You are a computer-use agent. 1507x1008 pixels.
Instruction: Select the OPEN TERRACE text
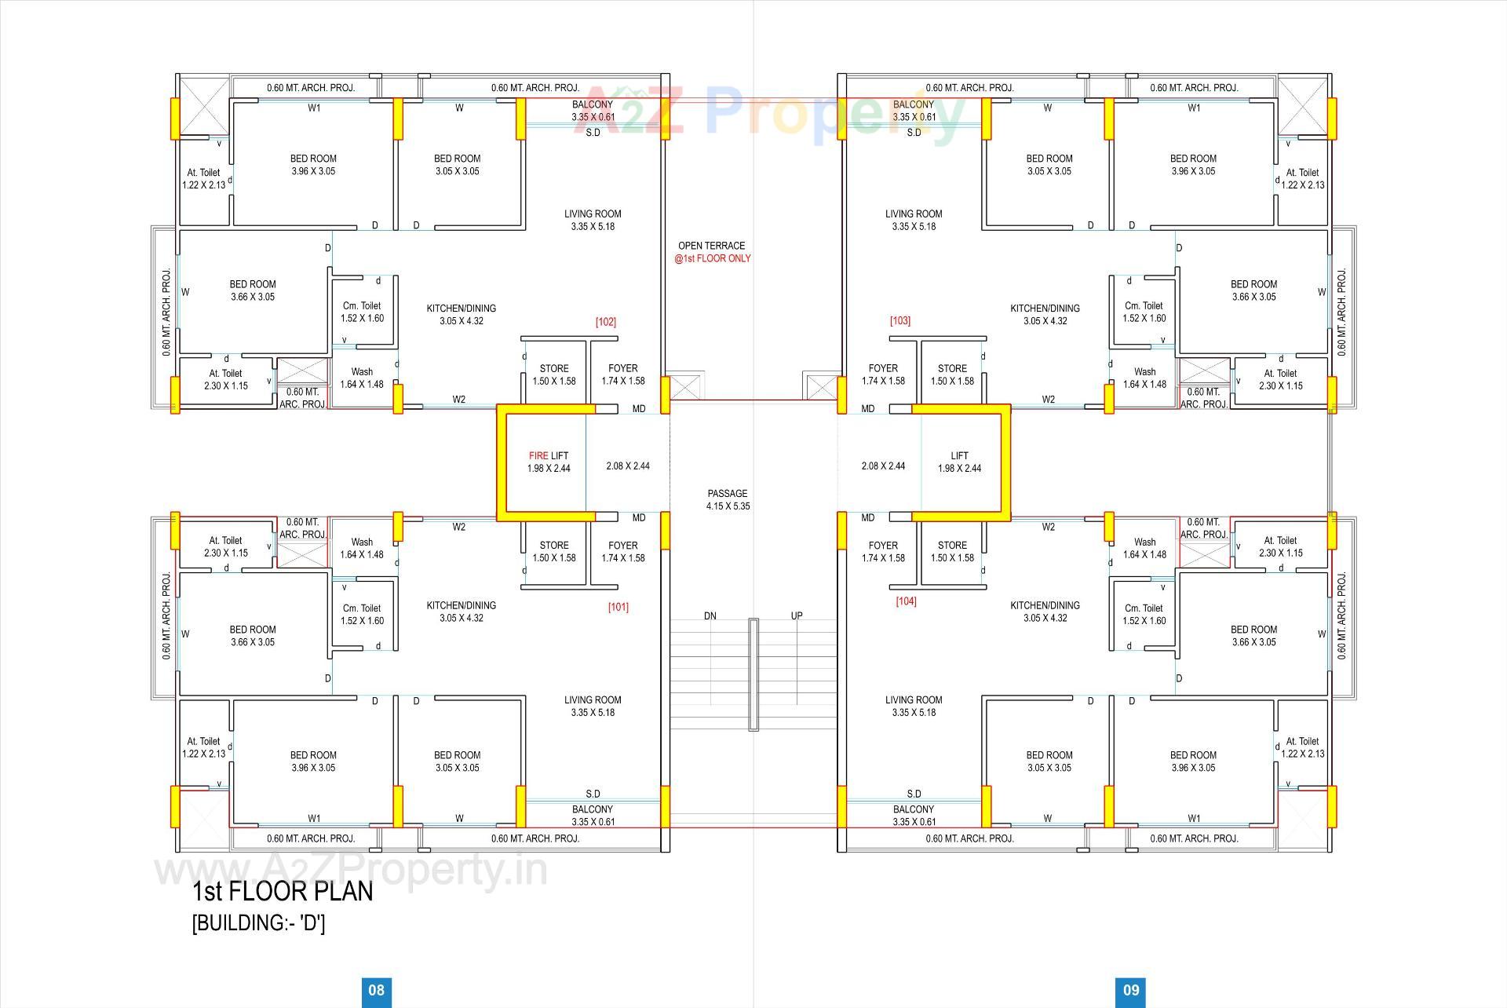click(x=711, y=246)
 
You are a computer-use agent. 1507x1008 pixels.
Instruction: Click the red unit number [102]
click(x=606, y=322)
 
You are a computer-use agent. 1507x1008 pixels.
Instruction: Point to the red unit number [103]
click(x=900, y=321)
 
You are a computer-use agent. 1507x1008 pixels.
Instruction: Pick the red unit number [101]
click(x=618, y=607)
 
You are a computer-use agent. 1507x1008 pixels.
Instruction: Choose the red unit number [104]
click(x=906, y=601)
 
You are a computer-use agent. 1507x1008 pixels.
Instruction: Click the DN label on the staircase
click(x=710, y=616)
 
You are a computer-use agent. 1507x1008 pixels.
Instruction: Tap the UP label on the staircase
click(x=797, y=616)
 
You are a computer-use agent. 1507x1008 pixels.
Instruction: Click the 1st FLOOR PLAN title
click(x=283, y=892)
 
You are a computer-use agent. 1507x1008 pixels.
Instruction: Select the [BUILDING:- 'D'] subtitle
click(x=259, y=922)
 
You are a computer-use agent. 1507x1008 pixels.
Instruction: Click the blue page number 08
click(x=377, y=990)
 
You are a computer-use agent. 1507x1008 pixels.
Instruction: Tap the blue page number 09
click(x=1131, y=990)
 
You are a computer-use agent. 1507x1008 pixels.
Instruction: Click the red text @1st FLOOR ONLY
click(x=712, y=258)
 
